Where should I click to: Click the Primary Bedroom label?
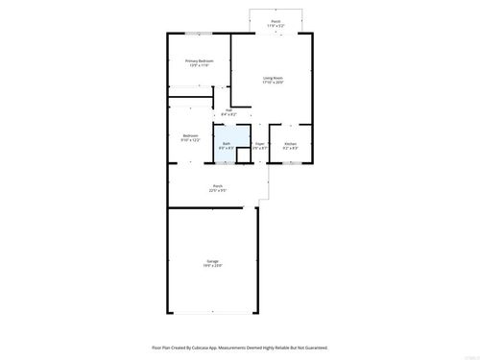tap(199, 60)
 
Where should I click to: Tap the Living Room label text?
tap(273, 78)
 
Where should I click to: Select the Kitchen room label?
tap(290, 144)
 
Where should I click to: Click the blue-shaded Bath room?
tap(227, 145)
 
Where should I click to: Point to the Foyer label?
tap(259, 143)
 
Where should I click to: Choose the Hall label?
tap(229, 110)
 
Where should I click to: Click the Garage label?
tap(212, 260)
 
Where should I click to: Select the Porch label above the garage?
tap(218, 185)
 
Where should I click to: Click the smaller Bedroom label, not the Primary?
tap(191, 135)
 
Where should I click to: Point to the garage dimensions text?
tap(212, 265)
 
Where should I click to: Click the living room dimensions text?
tap(273, 83)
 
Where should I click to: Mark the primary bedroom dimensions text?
tap(199, 65)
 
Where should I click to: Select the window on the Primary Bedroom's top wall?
tap(199, 35)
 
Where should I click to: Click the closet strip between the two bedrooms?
tap(197, 91)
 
